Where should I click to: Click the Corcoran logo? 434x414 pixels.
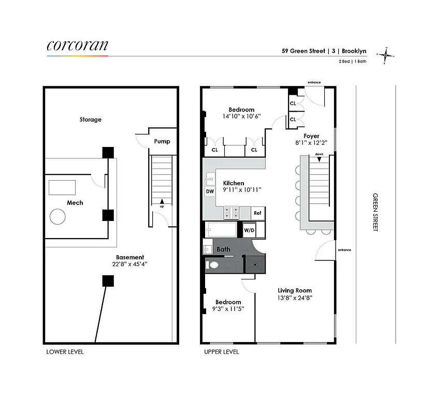pyautogui.click(x=77, y=46)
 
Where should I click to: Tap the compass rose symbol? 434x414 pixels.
pyautogui.click(x=386, y=54)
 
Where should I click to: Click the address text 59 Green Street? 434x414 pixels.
pyautogui.click(x=303, y=51)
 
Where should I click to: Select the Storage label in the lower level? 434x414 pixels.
pyautogui.click(x=91, y=120)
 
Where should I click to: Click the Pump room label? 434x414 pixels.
pyautogui.click(x=162, y=141)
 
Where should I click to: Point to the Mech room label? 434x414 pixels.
pyautogui.click(x=75, y=203)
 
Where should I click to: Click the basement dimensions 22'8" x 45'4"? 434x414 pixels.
pyautogui.click(x=129, y=264)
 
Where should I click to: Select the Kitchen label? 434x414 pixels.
pyautogui.click(x=234, y=183)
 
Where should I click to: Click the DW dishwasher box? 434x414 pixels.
pyautogui.click(x=210, y=191)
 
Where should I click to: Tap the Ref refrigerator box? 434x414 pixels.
pyautogui.click(x=257, y=213)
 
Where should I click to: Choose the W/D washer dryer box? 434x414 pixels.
pyautogui.click(x=249, y=229)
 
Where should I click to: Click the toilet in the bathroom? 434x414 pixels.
pyautogui.click(x=212, y=265)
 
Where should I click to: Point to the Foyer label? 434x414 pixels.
pyautogui.click(x=311, y=136)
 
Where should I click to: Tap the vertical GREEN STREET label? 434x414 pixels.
pyautogui.click(x=375, y=213)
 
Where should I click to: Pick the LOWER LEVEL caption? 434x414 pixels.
pyautogui.click(x=65, y=352)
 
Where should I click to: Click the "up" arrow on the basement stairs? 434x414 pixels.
pyautogui.click(x=162, y=202)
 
